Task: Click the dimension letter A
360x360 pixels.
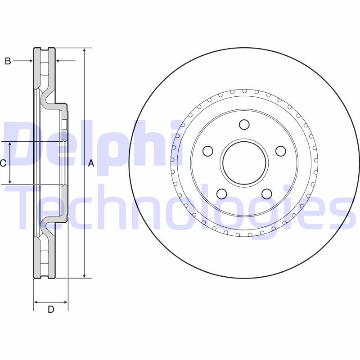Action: coord(91,164)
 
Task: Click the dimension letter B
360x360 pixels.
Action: coord(8,61)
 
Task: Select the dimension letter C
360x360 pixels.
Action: coord(3,163)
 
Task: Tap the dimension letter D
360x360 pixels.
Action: coord(51,309)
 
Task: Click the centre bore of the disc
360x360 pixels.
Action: coord(244,163)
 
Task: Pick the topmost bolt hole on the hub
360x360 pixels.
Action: coord(244,124)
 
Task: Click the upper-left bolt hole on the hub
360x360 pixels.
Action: coord(207,151)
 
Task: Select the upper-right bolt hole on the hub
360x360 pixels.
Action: coord(280,151)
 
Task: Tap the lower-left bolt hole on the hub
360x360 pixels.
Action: coord(221,193)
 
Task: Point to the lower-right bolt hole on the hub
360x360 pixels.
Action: coord(266,193)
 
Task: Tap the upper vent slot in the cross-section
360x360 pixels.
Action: coord(44,69)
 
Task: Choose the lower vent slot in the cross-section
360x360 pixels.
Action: coord(44,256)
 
